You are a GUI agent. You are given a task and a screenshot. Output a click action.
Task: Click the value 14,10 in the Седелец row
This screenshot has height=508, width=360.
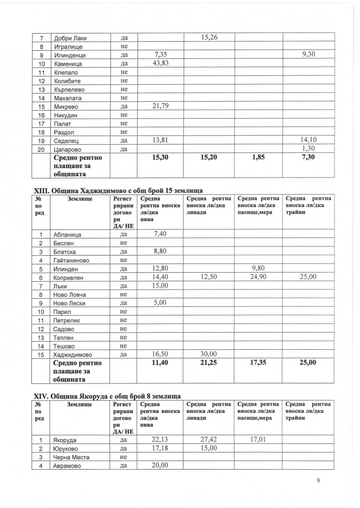308,140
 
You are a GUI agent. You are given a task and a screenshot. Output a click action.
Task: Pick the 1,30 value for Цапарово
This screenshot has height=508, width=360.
310,148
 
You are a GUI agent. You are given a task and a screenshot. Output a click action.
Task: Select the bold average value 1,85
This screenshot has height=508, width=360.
258,157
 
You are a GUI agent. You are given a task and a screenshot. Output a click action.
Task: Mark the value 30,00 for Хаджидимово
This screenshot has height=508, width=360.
208,354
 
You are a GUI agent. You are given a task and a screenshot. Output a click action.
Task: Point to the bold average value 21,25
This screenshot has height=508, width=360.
208,362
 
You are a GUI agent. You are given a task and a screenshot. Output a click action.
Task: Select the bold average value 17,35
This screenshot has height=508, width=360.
258,362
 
